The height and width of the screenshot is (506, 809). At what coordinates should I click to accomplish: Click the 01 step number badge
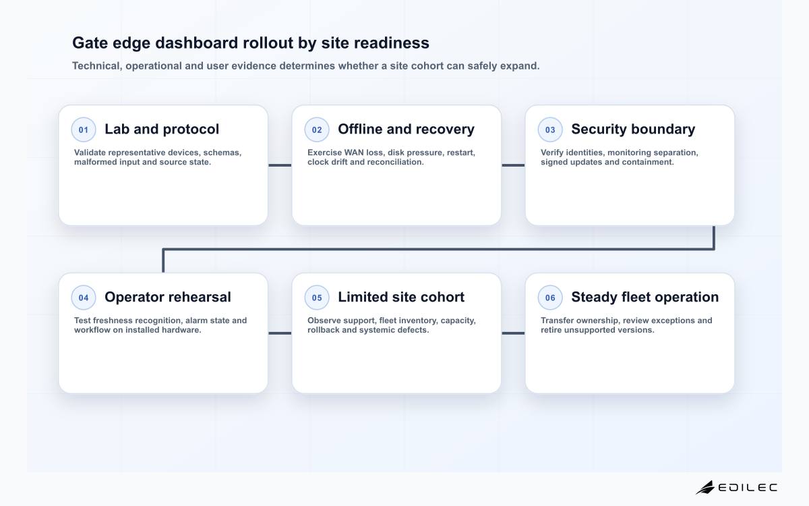[84, 130]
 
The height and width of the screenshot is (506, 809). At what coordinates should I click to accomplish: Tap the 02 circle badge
[317, 130]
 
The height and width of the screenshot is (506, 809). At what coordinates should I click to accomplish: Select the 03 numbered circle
[550, 130]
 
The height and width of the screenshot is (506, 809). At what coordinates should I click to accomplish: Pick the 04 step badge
[84, 298]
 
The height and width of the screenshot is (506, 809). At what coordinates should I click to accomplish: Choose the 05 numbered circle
[317, 298]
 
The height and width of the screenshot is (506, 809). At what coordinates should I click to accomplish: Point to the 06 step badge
[550, 298]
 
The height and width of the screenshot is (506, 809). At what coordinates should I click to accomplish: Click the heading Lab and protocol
[162, 130]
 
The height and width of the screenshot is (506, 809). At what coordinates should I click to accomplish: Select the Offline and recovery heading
[406, 130]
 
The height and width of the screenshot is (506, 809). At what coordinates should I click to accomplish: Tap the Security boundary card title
[633, 130]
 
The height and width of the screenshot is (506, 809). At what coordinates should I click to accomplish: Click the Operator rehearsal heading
[168, 297]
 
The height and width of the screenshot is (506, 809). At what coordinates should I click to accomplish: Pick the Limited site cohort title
[401, 297]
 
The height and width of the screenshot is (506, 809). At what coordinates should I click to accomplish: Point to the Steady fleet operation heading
[645, 297]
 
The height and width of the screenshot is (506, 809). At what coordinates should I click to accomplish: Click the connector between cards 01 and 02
[280, 165]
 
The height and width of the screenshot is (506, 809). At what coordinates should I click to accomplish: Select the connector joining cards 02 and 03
[513, 165]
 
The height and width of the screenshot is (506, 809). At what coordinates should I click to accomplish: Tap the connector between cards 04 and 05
[280, 333]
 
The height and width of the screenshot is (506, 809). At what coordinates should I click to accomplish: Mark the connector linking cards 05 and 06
[513, 333]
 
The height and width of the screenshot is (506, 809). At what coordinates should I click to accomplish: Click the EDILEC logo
[736, 487]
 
